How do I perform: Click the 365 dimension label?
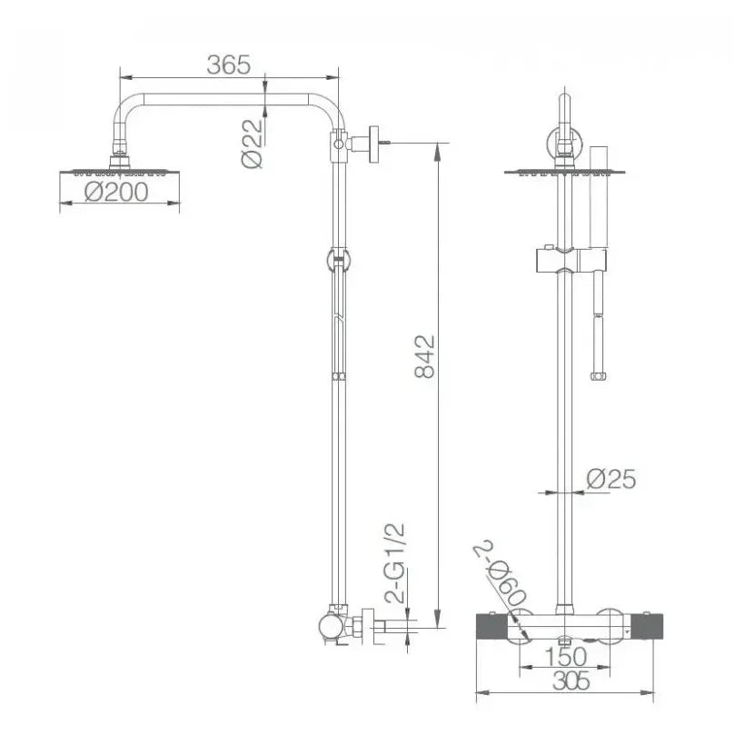[229, 65]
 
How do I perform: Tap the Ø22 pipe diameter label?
[252, 144]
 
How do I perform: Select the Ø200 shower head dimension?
[116, 192]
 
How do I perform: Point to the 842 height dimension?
[424, 356]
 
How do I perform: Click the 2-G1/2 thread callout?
[395, 563]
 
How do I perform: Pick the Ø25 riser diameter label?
[611, 479]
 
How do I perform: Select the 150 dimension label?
[565, 657]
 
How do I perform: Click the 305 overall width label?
[571, 680]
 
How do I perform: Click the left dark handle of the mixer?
[492, 627]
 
